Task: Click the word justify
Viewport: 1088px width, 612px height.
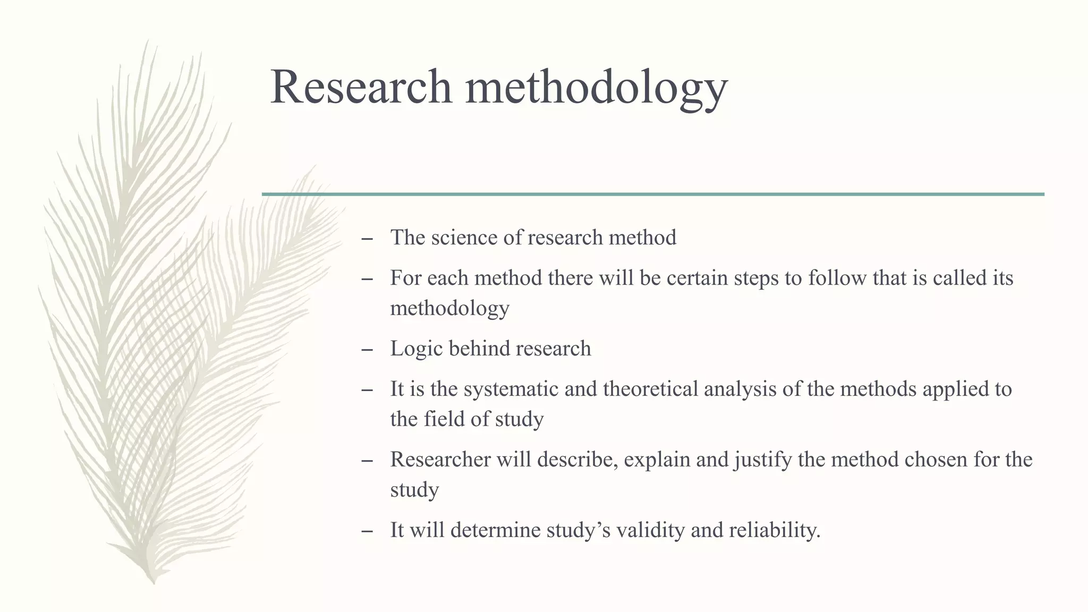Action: point(763,460)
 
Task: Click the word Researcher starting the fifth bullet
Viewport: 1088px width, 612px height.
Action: point(440,460)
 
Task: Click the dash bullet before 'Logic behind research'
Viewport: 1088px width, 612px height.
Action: point(366,350)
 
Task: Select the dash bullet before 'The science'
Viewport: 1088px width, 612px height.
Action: point(366,239)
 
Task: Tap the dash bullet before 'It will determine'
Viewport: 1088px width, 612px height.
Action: point(366,532)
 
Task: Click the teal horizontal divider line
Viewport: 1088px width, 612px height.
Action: point(653,194)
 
